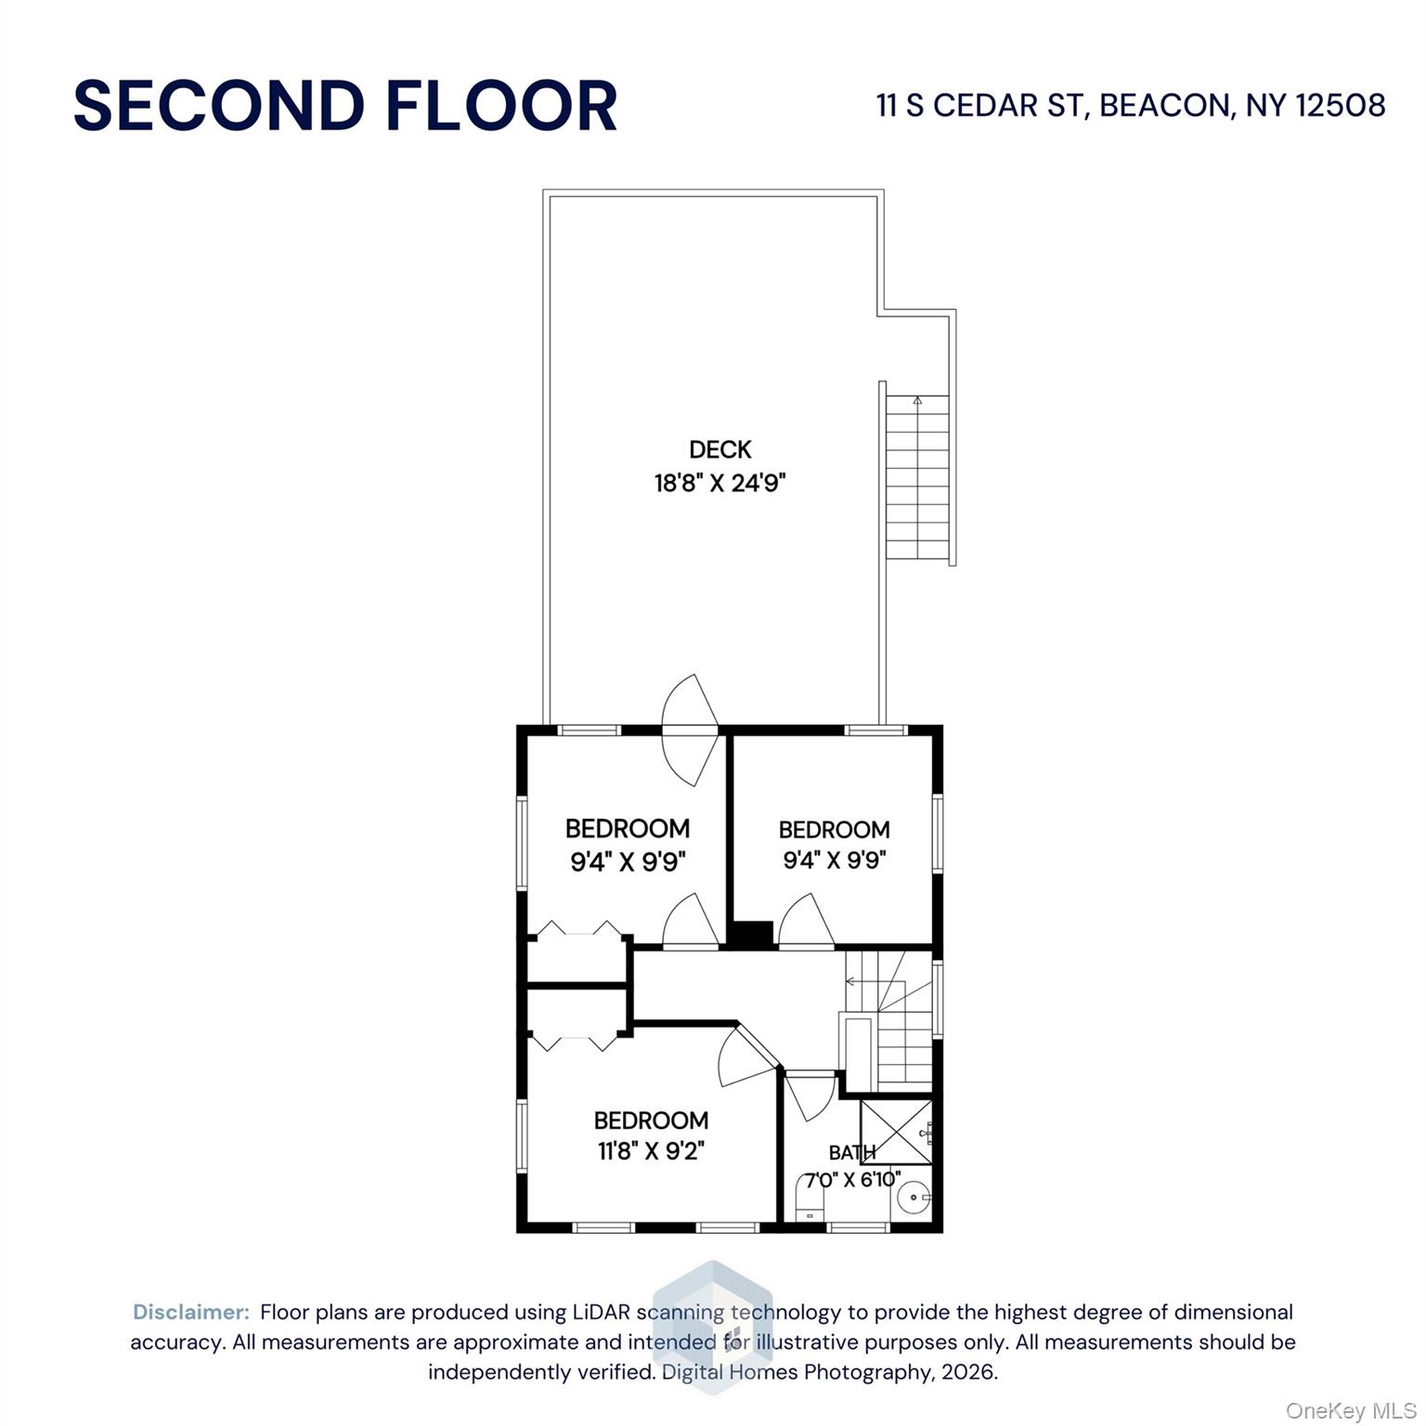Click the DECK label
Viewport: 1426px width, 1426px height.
pos(719,450)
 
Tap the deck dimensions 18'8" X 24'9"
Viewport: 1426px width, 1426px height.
pos(719,484)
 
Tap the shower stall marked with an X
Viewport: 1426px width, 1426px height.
pos(895,1132)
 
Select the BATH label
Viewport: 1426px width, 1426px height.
pos(851,1153)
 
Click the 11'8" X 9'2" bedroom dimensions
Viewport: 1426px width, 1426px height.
pos(651,1152)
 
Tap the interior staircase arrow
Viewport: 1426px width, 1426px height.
pos(850,980)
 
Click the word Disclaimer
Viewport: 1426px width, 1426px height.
pos(191,1313)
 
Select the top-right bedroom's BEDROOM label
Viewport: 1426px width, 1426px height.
pos(834,830)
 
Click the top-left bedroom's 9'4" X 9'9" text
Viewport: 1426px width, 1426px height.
pos(628,862)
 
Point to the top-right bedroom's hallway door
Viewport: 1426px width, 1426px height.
pos(805,923)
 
